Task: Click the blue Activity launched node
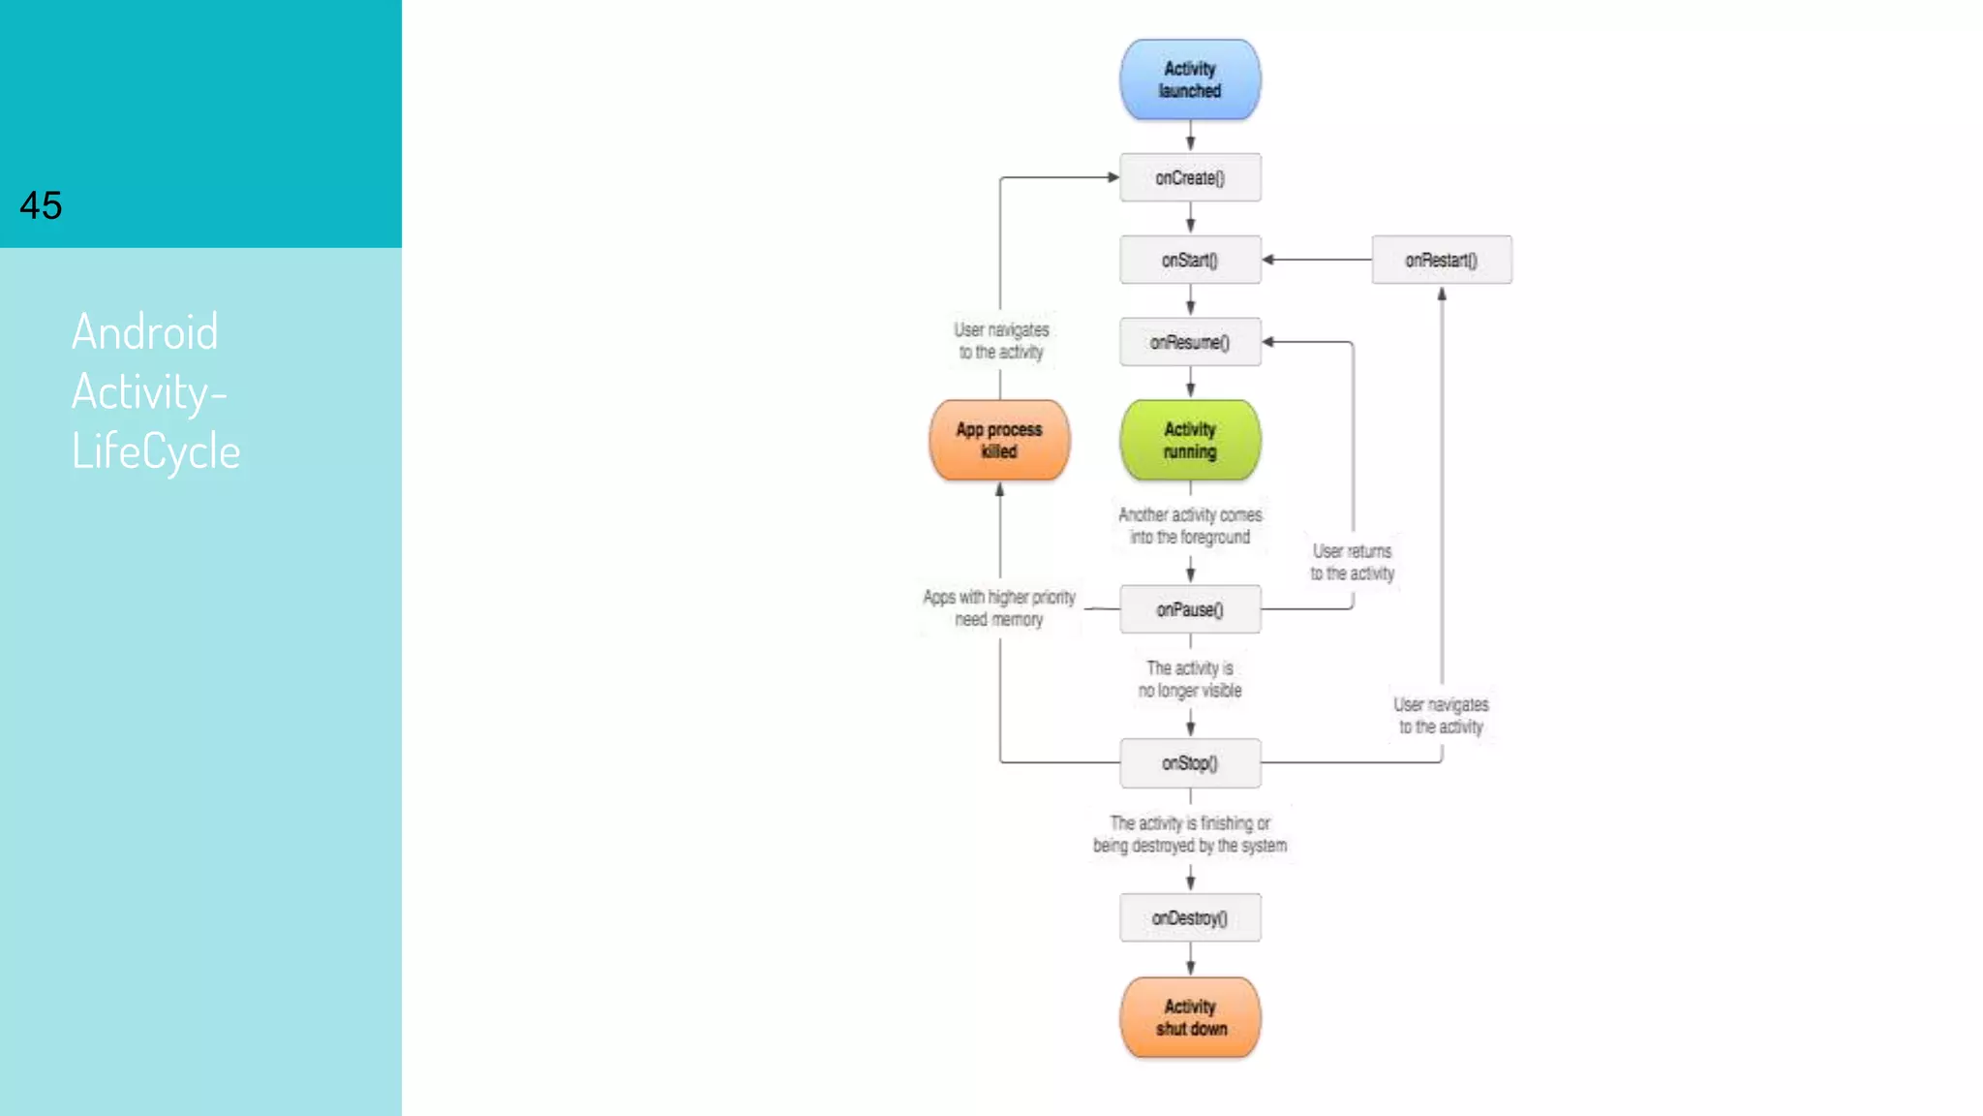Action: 1190,79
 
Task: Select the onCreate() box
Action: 1190,178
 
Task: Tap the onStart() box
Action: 1190,260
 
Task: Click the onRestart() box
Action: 1441,260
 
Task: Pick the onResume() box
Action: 1190,342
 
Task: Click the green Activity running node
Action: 1190,441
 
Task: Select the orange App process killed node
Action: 999,441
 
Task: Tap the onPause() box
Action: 1190,609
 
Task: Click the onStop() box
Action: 1190,763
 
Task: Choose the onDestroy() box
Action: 1190,917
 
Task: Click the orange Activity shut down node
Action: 1190,1017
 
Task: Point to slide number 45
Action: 41,205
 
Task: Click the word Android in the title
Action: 145,332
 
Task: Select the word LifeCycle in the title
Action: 156,451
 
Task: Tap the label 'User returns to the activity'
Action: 1352,562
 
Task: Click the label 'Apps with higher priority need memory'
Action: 999,608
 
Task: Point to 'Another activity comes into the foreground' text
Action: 1190,526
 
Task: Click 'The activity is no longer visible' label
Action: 1190,679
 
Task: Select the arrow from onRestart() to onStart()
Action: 1317,260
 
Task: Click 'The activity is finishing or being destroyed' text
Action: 1190,834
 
